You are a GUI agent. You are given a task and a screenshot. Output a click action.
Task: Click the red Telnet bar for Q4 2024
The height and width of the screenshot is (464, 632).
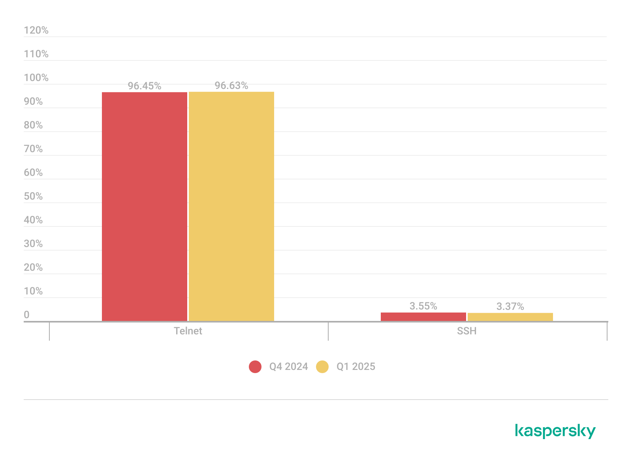click(x=144, y=206)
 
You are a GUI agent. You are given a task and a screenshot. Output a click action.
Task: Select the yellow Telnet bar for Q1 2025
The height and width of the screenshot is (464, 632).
click(x=231, y=206)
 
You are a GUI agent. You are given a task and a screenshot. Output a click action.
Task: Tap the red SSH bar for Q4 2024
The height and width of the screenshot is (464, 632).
click(x=423, y=317)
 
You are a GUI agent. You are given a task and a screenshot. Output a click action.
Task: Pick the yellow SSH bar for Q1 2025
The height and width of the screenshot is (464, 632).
click(x=510, y=317)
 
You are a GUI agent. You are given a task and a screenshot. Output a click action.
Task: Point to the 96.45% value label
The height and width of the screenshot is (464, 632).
click(x=145, y=86)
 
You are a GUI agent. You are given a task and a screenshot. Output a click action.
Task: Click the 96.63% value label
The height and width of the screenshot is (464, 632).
click(x=231, y=86)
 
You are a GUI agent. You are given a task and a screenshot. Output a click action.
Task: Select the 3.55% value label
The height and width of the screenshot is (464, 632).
click(x=423, y=306)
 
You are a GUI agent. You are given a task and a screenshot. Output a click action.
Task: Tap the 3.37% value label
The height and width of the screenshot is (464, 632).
click(x=510, y=306)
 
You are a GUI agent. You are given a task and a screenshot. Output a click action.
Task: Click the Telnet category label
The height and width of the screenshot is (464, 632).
click(x=188, y=331)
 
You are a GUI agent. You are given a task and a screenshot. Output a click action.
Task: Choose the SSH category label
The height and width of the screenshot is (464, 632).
click(x=466, y=331)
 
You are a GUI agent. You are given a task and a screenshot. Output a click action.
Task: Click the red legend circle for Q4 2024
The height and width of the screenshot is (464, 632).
click(x=255, y=367)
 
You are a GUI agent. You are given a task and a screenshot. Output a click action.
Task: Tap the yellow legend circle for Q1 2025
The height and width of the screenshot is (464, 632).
click(x=322, y=367)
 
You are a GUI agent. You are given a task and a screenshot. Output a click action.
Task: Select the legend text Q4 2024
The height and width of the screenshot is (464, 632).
click(x=288, y=367)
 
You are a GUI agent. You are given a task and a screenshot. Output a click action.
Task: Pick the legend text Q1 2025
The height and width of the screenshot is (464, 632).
click(x=355, y=367)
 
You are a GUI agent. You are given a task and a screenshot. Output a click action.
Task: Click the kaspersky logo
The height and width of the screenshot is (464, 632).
click(x=555, y=431)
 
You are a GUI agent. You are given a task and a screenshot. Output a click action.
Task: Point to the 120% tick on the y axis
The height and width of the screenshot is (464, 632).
click(x=36, y=30)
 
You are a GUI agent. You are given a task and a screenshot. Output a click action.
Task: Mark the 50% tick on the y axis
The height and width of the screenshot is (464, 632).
click(x=33, y=196)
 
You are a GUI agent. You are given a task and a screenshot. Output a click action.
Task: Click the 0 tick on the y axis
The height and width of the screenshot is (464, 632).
click(x=26, y=315)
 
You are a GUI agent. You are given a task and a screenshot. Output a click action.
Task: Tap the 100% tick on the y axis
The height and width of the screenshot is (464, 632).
click(x=36, y=78)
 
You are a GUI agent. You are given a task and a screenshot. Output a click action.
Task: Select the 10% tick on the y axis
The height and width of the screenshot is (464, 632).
click(x=33, y=291)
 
